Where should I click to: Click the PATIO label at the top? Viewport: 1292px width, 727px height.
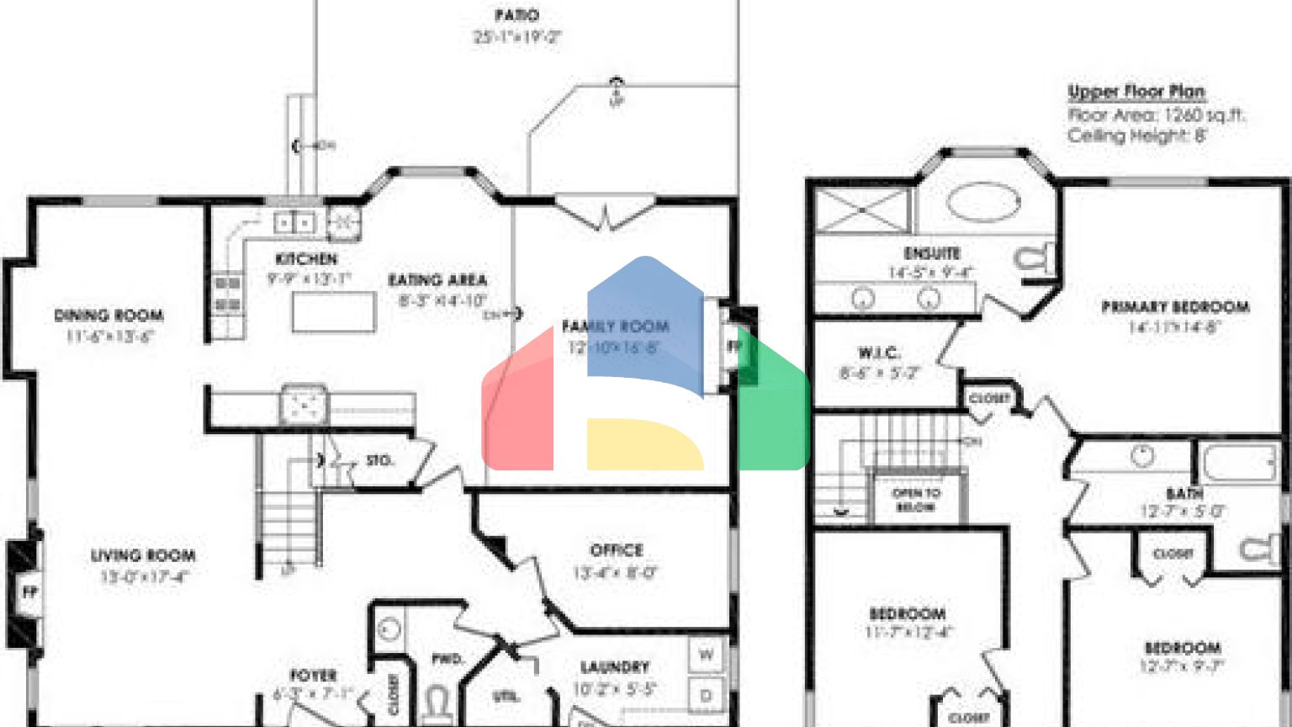(516, 15)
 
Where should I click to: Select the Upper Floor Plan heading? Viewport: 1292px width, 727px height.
(1136, 92)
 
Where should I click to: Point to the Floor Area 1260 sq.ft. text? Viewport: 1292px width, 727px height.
(1156, 115)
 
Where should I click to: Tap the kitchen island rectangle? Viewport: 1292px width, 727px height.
(333, 311)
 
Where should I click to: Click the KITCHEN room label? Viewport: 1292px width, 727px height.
(306, 259)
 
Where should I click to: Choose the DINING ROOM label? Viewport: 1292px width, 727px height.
(109, 316)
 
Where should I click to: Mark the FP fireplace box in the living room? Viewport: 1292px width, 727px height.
(29, 592)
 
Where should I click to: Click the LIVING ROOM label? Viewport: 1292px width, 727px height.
(143, 555)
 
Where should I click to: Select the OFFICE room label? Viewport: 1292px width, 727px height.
(617, 550)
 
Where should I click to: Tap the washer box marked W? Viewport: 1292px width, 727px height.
(707, 655)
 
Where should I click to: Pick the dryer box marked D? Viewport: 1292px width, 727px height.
(707, 695)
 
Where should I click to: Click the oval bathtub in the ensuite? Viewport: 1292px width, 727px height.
(982, 203)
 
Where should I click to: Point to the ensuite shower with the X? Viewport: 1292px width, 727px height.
(862, 210)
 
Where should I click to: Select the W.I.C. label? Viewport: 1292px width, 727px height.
(879, 353)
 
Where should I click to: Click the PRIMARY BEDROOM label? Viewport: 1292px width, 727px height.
(1175, 307)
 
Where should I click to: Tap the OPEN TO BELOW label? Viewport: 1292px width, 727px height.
(916, 500)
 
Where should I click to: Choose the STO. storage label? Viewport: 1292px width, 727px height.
(379, 460)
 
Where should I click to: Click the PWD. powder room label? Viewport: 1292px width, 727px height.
(447, 659)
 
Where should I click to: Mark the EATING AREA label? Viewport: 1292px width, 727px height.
(437, 280)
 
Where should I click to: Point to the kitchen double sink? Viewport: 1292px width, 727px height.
(294, 223)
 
